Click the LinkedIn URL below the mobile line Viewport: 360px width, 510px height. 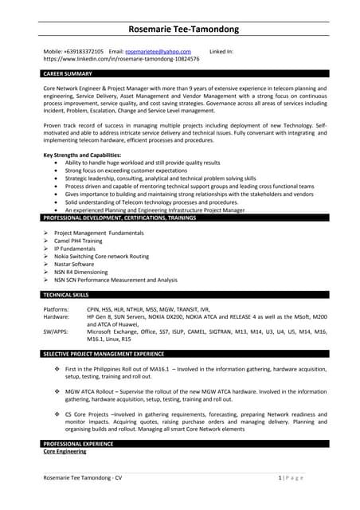coord(121,59)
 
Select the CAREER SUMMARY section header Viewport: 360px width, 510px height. coord(68,73)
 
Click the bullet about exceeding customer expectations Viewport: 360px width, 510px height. coord(119,171)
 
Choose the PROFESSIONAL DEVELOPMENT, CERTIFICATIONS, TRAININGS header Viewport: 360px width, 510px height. coord(119,218)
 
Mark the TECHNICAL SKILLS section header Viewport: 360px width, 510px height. coord(66,295)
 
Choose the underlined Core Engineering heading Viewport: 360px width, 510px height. coord(65,451)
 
